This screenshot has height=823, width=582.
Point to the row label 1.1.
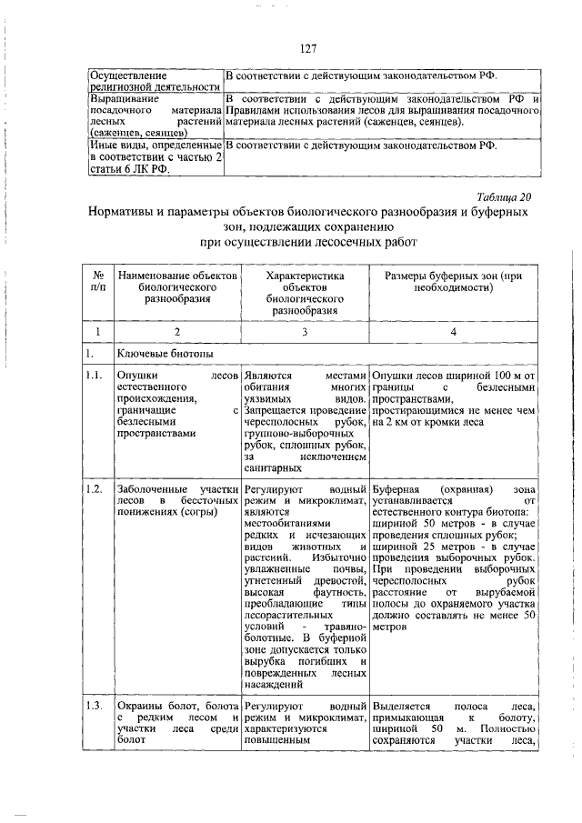click(92, 375)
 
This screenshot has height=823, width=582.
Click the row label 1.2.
click(92, 489)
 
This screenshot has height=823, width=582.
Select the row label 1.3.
click(92, 706)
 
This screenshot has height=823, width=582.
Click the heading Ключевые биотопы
click(156, 352)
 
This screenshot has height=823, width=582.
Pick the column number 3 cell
click(303, 332)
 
